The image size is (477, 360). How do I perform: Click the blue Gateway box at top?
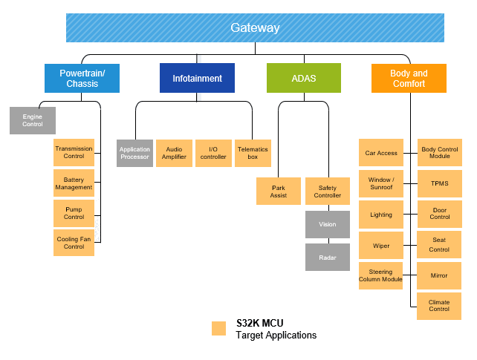click(x=255, y=28)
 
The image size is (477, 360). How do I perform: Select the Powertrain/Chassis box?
click(x=82, y=78)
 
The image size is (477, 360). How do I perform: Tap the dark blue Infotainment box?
click(x=197, y=78)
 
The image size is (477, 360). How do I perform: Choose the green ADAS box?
click(x=303, y=78)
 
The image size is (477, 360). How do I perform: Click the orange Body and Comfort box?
click(x=409, y=78)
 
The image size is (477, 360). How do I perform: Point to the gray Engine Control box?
click(x=33, y=120)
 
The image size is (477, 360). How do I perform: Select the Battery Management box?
click(x=74, y=183)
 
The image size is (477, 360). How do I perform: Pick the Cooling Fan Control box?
click(x=74, y=243)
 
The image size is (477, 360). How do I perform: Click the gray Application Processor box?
click(x=134, y=153)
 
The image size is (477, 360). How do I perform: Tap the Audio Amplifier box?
click(x=174, y=153)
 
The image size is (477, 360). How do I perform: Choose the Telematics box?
click(x=253, y=153)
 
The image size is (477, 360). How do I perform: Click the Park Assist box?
click(x=279, y=191)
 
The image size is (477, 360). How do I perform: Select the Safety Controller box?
click(x=328, y=191)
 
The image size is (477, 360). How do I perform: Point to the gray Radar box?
click(x=328, y=258)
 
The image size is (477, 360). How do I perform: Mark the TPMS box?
click(x=439, y=183)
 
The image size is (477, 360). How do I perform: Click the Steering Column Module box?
click(x=380, y=275)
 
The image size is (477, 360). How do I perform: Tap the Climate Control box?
click(x=439, y=305)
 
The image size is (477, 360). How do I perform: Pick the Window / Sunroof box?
click(x=380, y=183)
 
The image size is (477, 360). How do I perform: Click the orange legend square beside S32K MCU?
click(x=218, y=328)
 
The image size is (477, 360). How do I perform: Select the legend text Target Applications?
click(x=276, y=336)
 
